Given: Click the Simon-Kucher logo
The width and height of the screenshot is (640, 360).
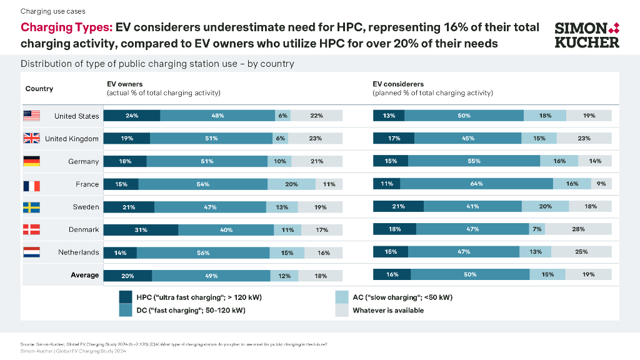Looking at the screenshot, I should click(x=587, y=35).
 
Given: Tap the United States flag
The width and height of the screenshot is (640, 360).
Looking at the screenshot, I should click(x=31, y=116).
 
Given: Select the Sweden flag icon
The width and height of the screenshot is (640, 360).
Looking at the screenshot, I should click(x=31, y=207).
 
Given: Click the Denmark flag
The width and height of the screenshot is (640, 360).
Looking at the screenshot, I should click(x=31, y=229).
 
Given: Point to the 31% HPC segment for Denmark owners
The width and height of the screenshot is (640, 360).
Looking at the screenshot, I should click(x=141, y=229).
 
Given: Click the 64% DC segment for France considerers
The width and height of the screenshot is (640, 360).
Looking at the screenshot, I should click(x=476, y=184).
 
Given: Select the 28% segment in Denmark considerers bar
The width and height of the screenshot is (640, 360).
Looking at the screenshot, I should click(x=578, y=229).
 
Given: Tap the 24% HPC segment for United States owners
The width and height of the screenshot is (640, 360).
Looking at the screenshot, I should click(x=132, y=116).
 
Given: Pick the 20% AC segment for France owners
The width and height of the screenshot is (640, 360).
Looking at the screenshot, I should click(x=291, y=184).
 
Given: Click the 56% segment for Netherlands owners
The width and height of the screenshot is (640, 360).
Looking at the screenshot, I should click(x=203, y=252).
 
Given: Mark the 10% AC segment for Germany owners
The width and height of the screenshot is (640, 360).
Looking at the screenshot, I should click(x=279, y=161).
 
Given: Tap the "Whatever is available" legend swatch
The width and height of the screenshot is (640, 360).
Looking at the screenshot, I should click(x=341, y=310).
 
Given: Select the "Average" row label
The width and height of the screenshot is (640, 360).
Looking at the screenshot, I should click(x=84, y=275).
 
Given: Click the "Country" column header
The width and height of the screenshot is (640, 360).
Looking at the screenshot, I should click(x=39, y=89).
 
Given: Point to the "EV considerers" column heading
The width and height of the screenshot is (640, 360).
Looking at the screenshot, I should click(x=398, y=84).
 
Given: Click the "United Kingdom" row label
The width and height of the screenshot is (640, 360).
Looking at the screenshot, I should click(x=72, y=139).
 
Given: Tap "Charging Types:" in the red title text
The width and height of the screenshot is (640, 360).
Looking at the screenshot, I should click(x=67, y=27).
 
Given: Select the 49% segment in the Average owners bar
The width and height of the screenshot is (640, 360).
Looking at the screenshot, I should click(x=211, y=275).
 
